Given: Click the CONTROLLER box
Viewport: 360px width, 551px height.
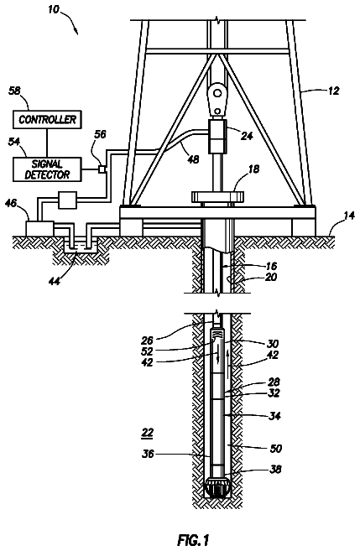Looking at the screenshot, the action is (47, 119).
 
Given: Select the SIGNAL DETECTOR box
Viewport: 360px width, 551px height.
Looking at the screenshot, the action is (47, 169).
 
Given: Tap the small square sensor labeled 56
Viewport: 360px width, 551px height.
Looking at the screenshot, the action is (102, 169).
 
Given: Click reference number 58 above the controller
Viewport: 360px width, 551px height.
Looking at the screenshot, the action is (15, 91).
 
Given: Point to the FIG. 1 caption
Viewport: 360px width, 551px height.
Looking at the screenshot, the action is (193, 539).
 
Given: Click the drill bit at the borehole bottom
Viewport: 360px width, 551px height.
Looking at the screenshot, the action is (218, 487).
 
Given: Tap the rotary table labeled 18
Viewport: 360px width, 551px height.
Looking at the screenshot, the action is (218, 196).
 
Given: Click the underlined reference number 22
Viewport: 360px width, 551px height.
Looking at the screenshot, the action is (148, 433).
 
